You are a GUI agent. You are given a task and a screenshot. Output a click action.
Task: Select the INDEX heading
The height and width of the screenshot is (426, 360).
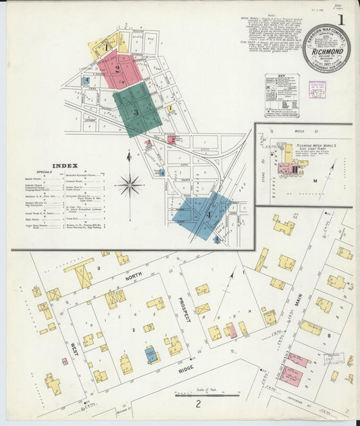pos(64,165)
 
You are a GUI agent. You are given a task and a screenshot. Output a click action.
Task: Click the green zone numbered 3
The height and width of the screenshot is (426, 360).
pos(137,110)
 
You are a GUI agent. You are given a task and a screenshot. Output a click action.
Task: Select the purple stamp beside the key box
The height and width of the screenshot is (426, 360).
pos(317,90)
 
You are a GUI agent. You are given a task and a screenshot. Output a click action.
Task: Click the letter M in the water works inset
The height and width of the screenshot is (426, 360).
pos(314,181)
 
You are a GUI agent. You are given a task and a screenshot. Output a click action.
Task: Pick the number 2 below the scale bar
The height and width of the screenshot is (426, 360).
pos(199,404)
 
